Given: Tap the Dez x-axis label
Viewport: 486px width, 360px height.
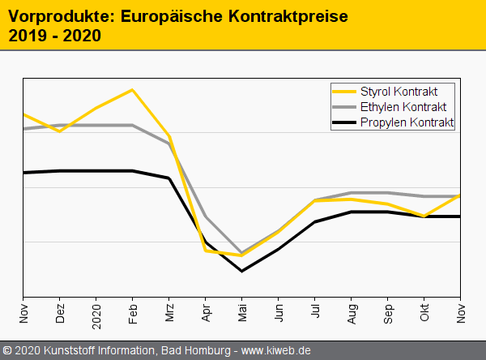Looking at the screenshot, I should [60, 312].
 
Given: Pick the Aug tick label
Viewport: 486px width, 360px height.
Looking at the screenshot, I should [352, 312].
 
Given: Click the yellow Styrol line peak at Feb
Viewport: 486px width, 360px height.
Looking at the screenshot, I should [133, 89].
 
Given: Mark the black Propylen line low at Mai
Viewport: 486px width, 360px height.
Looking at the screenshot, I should [242, 270].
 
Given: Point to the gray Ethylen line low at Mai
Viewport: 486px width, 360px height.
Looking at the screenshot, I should [242, 252].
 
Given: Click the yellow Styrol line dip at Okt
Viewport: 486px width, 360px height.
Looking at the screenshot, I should [425, 216].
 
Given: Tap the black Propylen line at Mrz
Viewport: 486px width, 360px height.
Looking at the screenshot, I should [169, 178].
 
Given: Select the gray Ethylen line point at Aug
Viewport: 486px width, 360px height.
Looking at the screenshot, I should [352, 193].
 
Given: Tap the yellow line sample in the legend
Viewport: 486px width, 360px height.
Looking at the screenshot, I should [345, 91].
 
